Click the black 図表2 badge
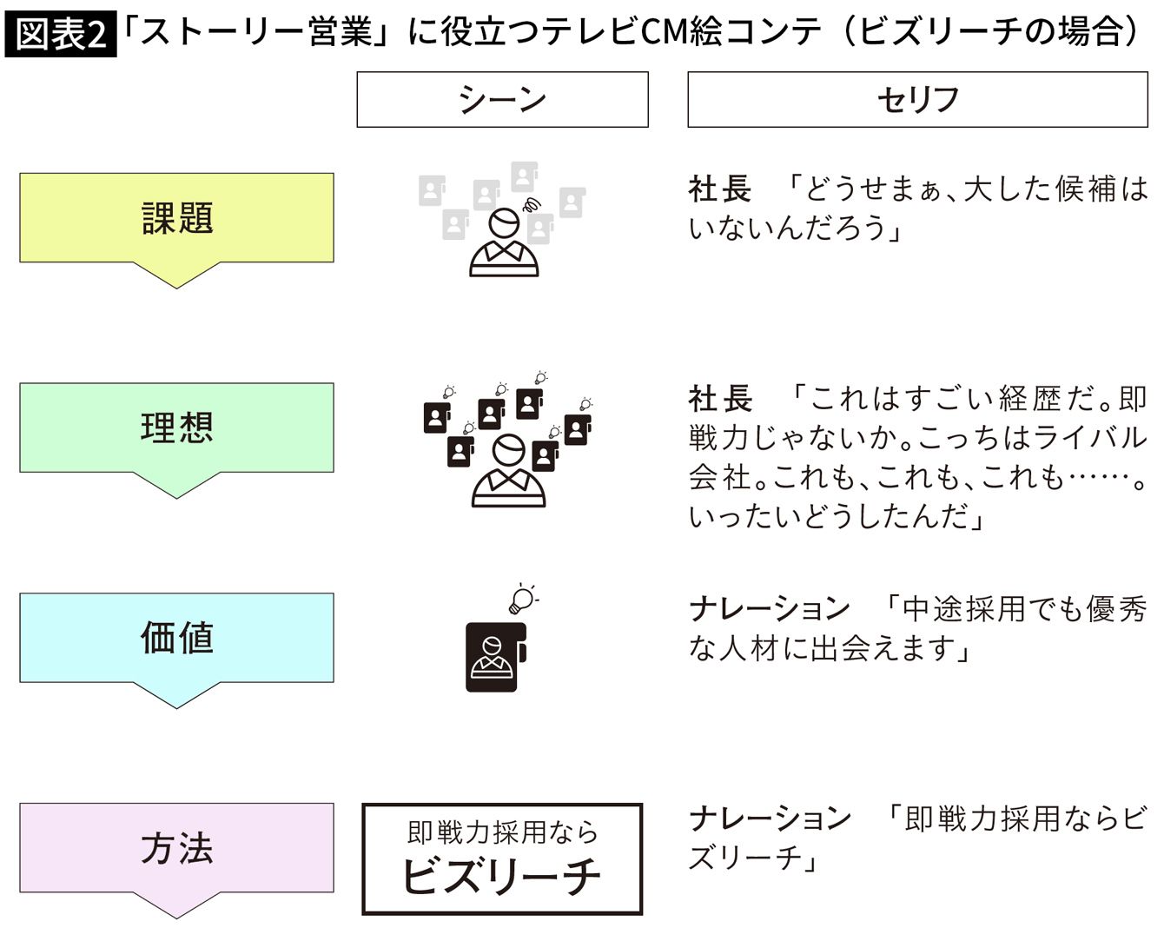[x=61, y=34]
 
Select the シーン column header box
[x=502, y=100]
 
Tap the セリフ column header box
[x=918, y=100]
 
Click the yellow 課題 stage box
[x=177, y=218]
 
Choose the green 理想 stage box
[x=177, y=428]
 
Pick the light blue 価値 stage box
[x=177, y=638]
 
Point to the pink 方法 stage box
[x=177, y=848]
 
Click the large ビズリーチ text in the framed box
[x=502, y=876]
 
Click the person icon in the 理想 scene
[x=508, y=470]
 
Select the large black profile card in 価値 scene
[x=496, y=657]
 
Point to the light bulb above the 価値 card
[x=523, y=599]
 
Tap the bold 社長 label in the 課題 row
[x=720, y=189]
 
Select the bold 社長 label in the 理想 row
[x=720, y=399]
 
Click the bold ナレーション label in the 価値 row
[x=770, y=608]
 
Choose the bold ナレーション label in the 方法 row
[x=770, y=818]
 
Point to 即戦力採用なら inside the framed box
[x=502, y=832]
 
